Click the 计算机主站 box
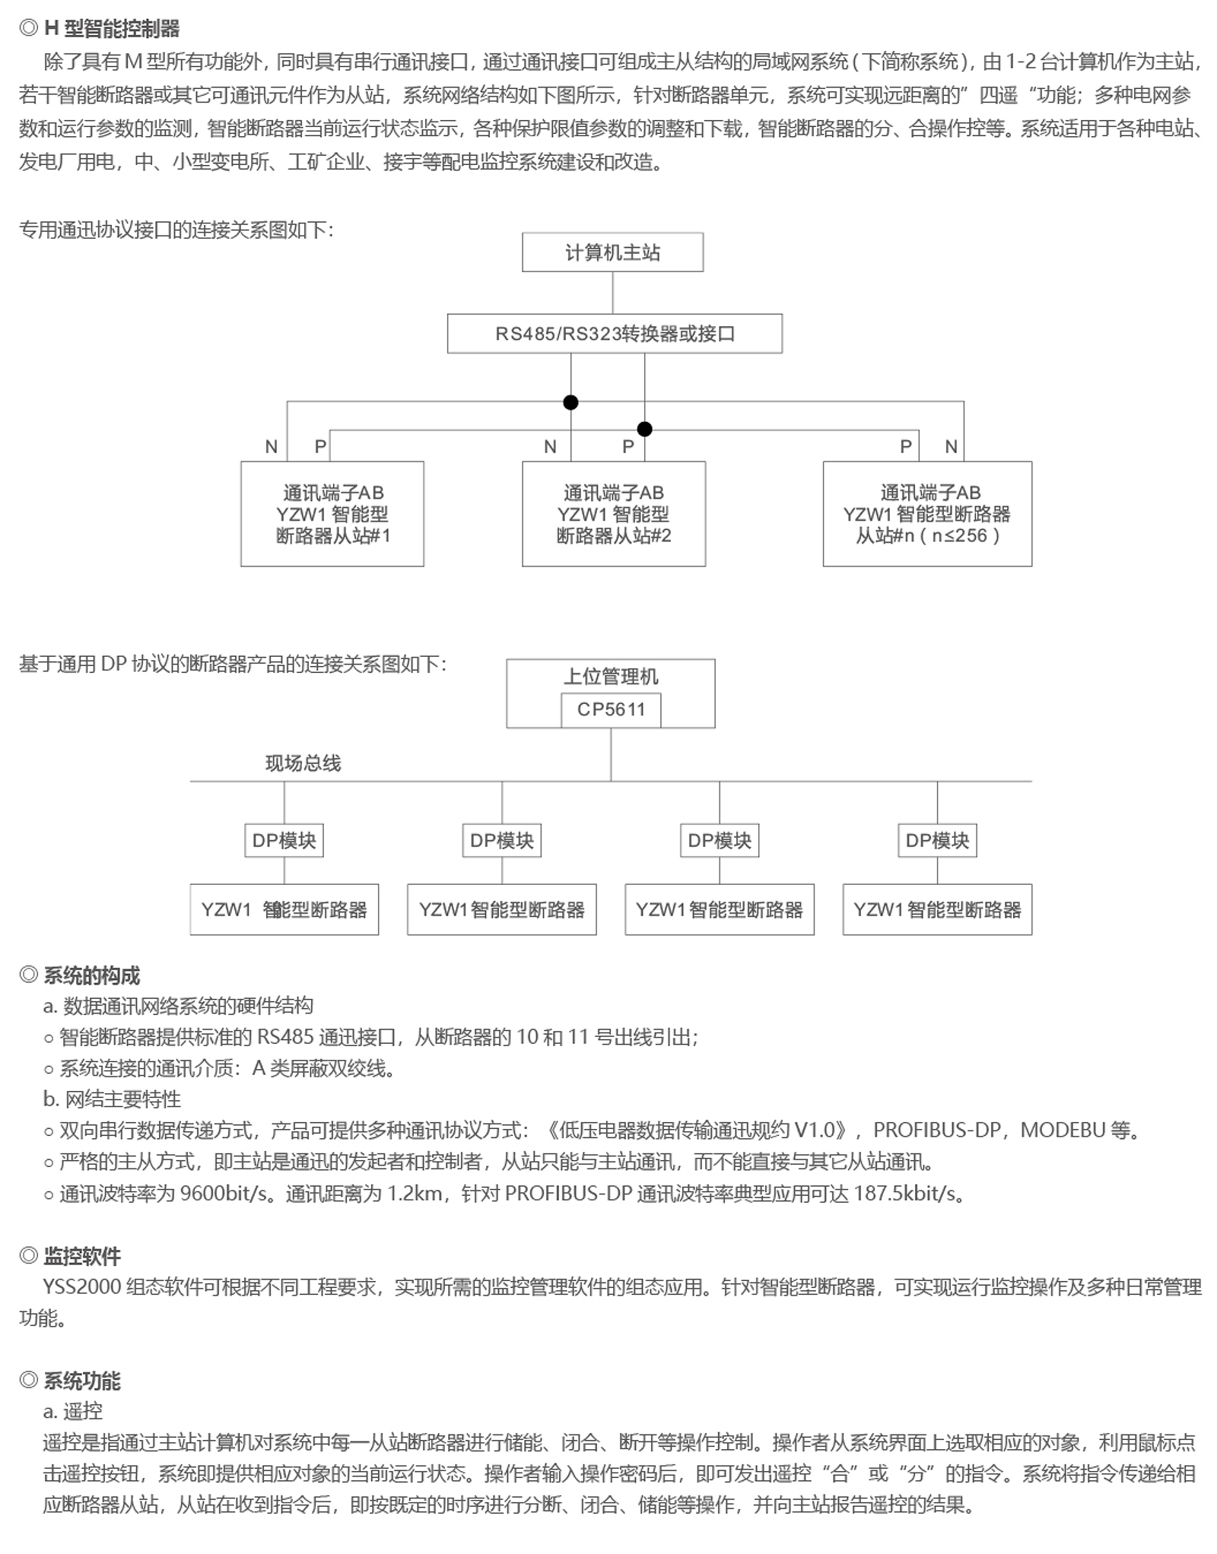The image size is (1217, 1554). tap(612, 252)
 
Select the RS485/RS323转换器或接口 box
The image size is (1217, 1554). tap(615, 334)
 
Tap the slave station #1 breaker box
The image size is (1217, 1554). tap(332, 514)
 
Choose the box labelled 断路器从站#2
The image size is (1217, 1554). tap(614, 514)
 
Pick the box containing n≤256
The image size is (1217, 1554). tap(927, 514)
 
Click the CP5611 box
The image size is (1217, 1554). tap(611, 710)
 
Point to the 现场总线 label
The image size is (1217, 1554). tap(303, 763)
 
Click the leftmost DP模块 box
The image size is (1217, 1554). tap(284, 840)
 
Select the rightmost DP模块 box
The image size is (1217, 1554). tap(937, 840)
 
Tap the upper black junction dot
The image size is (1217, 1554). tap(570, 402)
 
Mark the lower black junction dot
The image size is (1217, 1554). tap(644, 430)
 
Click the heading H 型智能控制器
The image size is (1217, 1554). tap(112, 29)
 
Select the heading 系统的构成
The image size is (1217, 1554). tap(91, 975)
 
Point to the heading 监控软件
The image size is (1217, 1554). tap(82, 1256)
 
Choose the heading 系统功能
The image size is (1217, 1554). tap(82, 1381)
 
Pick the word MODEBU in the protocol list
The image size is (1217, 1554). tap(1062, 1130)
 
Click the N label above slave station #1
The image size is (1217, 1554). tap(272, 447)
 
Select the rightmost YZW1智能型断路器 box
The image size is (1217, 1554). tap(937, 909)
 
